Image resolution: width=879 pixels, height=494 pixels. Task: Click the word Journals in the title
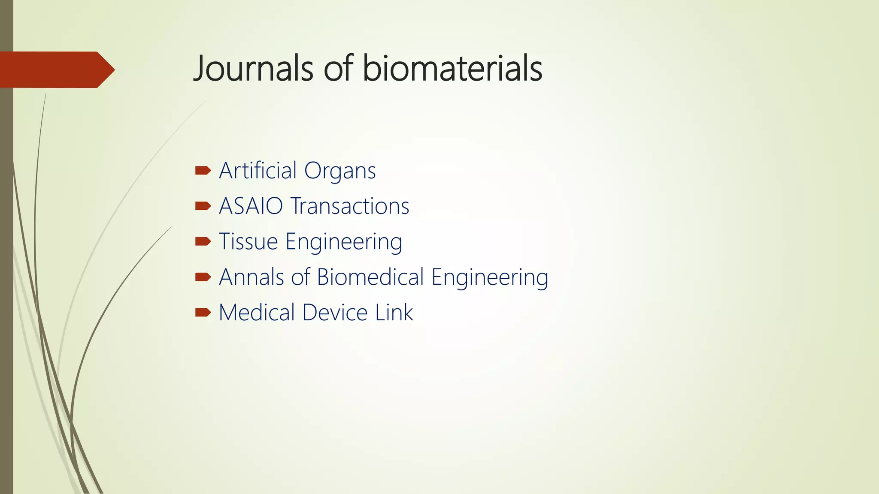(253, 69)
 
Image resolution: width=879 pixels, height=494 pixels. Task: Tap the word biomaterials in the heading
(452, 69)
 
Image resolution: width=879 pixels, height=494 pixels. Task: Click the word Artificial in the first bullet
(258, 171)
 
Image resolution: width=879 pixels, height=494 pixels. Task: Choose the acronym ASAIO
(251, 206)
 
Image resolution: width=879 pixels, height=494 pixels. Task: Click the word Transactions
(350, 206)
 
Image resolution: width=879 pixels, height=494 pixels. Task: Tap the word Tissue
(249, 241)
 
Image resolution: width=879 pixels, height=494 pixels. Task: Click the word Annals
(252, 277)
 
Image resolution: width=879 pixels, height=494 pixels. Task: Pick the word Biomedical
(370, 277)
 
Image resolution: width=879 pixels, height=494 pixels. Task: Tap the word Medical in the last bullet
(257, 313)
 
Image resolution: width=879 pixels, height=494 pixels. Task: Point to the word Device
(335, 313)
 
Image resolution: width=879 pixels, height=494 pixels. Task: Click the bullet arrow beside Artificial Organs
(203, 171)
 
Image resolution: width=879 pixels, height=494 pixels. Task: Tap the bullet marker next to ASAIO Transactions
(203, 206)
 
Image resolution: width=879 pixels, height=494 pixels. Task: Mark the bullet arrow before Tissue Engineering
(203, 242)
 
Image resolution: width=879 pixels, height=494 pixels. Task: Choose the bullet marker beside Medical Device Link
(203, 313)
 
